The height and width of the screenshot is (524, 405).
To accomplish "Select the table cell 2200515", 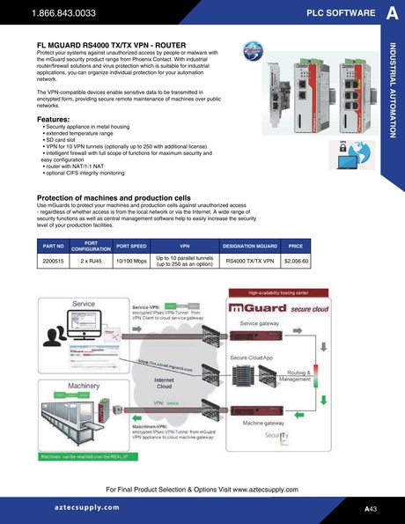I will [x=54, y=262].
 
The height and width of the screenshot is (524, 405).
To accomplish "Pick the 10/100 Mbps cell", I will [x=130, y=262].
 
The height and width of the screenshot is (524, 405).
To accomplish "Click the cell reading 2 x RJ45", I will [x=91, y=262].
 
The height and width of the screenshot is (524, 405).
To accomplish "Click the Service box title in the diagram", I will [x=84, y=303].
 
